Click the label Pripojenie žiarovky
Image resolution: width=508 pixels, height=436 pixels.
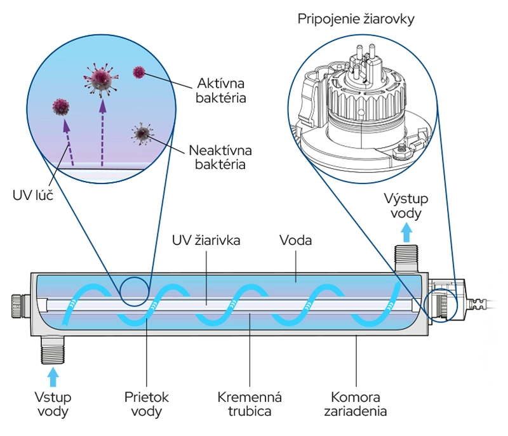(x=356, y=19)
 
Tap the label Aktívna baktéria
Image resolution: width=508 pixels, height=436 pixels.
(x=221, y=91)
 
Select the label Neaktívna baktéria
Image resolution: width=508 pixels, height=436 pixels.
(x=220, y=157)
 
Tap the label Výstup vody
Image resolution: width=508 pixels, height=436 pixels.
(x=406, y=205)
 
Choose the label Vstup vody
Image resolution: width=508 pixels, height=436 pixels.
(x=53, y=404)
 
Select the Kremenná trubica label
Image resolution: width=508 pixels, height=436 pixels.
(x=250, y=404)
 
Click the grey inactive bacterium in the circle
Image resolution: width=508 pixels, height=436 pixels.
(x=142, y=133)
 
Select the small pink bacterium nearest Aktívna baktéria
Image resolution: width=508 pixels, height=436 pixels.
(x=138, y=72)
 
